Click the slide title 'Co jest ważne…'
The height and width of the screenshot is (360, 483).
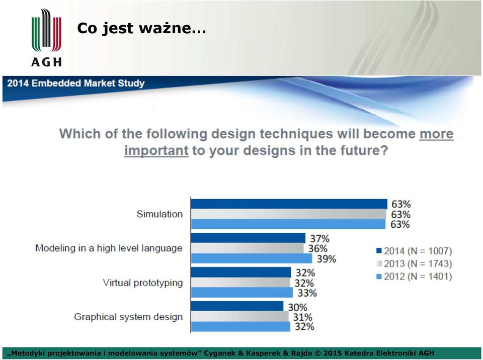pos(141,28)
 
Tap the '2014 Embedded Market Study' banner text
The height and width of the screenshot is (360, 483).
pos(76,83)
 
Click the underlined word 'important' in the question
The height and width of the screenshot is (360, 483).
pos(156,151)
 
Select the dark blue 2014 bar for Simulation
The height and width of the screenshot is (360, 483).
pos(289,204)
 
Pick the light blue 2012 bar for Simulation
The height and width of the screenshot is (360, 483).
pos(288,224)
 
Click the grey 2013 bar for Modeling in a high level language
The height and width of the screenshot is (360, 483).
pos(248,248)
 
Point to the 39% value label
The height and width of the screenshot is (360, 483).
pos(326,258)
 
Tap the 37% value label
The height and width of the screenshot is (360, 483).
pos(320,239)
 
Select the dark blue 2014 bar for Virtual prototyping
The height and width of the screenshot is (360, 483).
pos(241,273)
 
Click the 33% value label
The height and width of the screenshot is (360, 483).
pos(307,293)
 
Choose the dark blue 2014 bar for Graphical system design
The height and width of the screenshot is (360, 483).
pos(237,306)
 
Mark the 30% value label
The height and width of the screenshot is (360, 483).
pos(297,307)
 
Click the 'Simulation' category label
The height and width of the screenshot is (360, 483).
pos(159,214)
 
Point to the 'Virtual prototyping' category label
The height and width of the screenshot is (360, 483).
pos(142,283)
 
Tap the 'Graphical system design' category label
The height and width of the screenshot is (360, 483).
pos(128,317)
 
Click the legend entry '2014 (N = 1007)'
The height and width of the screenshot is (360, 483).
pos(414,251)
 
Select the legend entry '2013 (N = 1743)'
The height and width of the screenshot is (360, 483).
pos(414,263)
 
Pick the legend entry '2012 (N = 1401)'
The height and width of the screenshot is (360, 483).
pos(414,276)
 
